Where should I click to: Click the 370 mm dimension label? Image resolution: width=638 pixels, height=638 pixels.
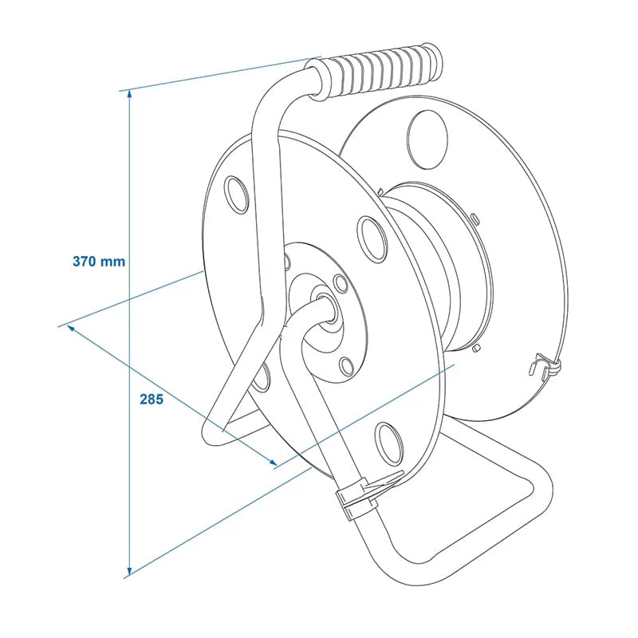pyautogui.click(x=99, y=262)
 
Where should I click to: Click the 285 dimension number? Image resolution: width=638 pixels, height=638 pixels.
pyautogui.click(x=152, y=399)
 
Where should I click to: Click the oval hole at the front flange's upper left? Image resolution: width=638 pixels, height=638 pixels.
pyautogui.click(x=238, y=193)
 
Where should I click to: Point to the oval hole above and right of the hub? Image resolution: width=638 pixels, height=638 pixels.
pyautogui.click(x=372, y=236)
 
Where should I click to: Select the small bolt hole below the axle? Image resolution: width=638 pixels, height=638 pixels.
pyautogui.click(x=345, y=367)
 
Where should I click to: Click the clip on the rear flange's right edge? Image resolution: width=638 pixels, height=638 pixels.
pyautogui.click(x=545, y=368)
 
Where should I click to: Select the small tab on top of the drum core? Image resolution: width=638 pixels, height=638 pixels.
pyautogui.click(x=474, y=217)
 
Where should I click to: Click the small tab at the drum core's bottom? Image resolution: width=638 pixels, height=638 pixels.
pyautogui.click(x=475, y=348)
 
